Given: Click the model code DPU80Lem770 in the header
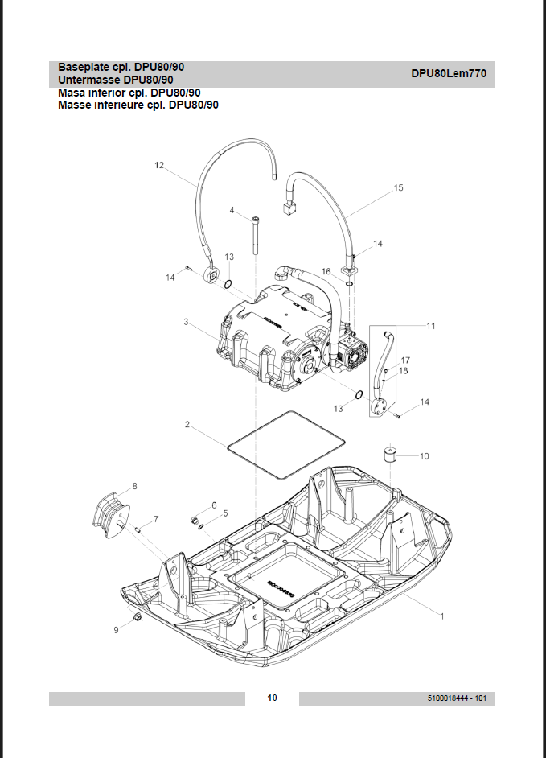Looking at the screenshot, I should (x=448, y=73).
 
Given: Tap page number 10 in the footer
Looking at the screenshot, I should (x=273, y=698).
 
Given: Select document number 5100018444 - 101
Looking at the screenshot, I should (x=457, y=698).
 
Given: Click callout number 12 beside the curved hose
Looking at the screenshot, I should (x=159, y=165).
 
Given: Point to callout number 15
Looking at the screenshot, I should (x=398, y=187).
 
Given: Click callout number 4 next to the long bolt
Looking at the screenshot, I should (x=232, y=210).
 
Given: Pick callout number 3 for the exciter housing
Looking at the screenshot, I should (x=186, y=321).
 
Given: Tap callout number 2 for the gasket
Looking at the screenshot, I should (x=187, y=423).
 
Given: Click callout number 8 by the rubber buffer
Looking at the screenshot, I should (x=134, y=485).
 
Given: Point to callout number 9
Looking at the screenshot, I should (x=115, y=631).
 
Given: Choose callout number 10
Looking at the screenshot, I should (x=424, y=456).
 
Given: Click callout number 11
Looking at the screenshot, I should (x=431, y=326).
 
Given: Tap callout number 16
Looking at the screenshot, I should (x=326, y=272).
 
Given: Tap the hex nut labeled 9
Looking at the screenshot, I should (x=138, y=617).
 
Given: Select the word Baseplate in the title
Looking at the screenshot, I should (x=84, y=67).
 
